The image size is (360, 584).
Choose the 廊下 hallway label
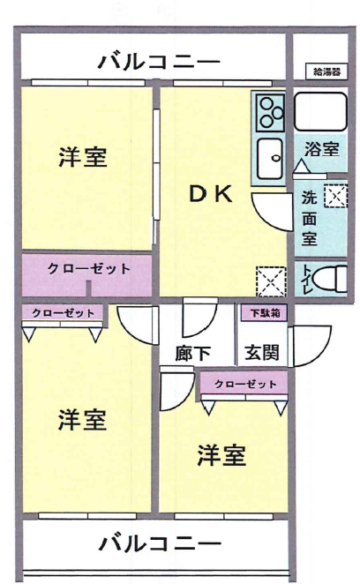pyautogui.click(x=193, y=353)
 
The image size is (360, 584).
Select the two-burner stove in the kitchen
pyautogui.click(x=268, y=112)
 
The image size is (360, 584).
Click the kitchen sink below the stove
pyautogui.click(x=267, y=160)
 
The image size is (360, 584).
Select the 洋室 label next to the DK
pyautogui.click(x=83, y=159)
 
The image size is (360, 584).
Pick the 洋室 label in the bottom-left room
pyautogui.click(x=83, y=421)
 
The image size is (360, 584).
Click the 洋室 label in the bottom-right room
pyautogui.click(x=221, y=456)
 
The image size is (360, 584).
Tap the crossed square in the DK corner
pyautogui.click(x=269, y=281)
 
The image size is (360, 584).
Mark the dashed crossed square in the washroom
pyautogui.click(x=334, y=198)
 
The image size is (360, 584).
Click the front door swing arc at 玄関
pyautogui.click(x=311, y=348)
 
